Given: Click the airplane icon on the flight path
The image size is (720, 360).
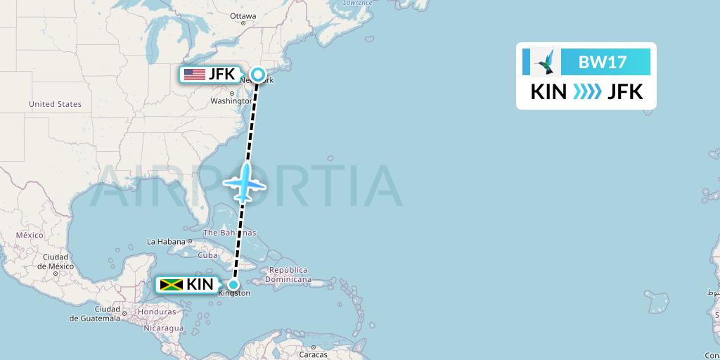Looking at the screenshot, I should pyautogui.click(x=244, y=183).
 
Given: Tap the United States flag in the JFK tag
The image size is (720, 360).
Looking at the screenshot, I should pyautogui.click(x=194, y=75).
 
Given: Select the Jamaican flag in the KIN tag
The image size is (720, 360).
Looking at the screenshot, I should pyautogui.click(x=171, y=285).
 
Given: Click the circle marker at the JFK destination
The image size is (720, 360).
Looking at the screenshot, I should pyautogui.click(x=259, y=75).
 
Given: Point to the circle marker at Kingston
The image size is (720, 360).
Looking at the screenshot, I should pyautogui.click(x=233, y=285).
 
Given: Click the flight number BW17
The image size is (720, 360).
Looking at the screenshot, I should pyautogui.click(x=602, y=63).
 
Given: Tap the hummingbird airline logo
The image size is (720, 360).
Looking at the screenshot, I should pyautogui.click(x=545, y=62).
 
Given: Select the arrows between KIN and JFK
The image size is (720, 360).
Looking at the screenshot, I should pyautogui.click(x=587, y=91).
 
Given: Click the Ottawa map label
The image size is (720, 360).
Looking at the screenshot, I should pyautogui.click(x=243, y=15).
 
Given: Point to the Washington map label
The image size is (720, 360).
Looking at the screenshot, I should pyautogui.click(x=230, y=101).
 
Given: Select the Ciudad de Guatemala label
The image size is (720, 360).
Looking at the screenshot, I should pyautogui.click(x=94, y=314).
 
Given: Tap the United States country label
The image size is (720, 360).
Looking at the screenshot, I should pyautogui.click(x=55, y=104).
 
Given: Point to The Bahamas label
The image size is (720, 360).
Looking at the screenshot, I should pyautogui.click(x=229, y=233).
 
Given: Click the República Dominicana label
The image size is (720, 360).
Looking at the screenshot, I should pyautogui.click(x=289, y=274).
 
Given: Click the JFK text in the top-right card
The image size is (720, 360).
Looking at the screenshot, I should pyautogui.click(x=625, y=91).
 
